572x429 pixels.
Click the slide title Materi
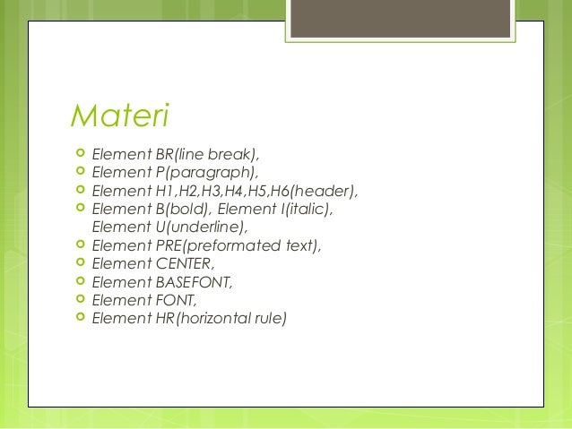coord(120,116)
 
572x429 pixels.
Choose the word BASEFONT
coord(195,282)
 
